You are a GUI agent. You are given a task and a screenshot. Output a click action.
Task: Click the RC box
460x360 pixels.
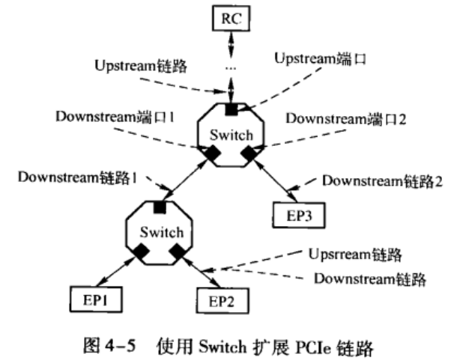click(x=231, y=18)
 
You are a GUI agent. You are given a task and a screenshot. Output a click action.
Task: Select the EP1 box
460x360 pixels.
click(x=96, y=299)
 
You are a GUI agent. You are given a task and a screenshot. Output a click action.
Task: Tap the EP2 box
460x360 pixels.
click(x=223, y=301)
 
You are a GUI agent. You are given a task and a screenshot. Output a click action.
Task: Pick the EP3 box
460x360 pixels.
click(x=299, y=216)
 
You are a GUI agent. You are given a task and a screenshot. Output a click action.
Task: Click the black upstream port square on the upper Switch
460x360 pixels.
click(x=231, y=109)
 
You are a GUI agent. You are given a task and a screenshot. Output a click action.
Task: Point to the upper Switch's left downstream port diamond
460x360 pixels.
click(x=213, y=153)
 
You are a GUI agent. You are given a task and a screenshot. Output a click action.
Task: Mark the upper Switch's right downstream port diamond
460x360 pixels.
click(x=249, y=153)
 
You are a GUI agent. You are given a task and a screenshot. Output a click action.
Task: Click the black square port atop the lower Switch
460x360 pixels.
click(x=160, y=207)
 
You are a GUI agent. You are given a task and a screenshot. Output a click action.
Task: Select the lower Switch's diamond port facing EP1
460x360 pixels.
click(x=141, y=251)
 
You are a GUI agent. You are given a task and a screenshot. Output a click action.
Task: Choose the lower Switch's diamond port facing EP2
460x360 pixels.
click(x=178, y=251)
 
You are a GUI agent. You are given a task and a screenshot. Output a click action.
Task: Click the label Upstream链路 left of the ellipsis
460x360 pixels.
click(x=141, y=66)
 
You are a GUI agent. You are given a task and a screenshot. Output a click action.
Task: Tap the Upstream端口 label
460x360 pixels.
click(x=321, y=58)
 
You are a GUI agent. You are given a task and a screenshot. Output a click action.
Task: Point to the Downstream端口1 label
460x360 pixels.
click(x=115, y=117)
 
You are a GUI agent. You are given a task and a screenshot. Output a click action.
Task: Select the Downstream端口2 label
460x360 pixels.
click(x=346, y=119)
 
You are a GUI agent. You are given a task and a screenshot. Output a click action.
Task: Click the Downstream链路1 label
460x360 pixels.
click(x=77, y=177)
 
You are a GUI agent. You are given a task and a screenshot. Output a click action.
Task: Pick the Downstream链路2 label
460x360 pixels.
click(x=382, y=181)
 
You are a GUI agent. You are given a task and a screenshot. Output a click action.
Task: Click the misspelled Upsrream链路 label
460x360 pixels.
click(x=355, y=254)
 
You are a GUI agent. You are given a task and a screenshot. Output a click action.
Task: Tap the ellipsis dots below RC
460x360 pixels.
click(x=231, y=68)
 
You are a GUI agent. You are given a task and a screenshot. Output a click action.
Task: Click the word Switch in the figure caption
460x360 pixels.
click(x=223, y=347)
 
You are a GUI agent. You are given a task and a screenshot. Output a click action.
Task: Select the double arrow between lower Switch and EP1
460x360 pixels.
click(x=116, y=272)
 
